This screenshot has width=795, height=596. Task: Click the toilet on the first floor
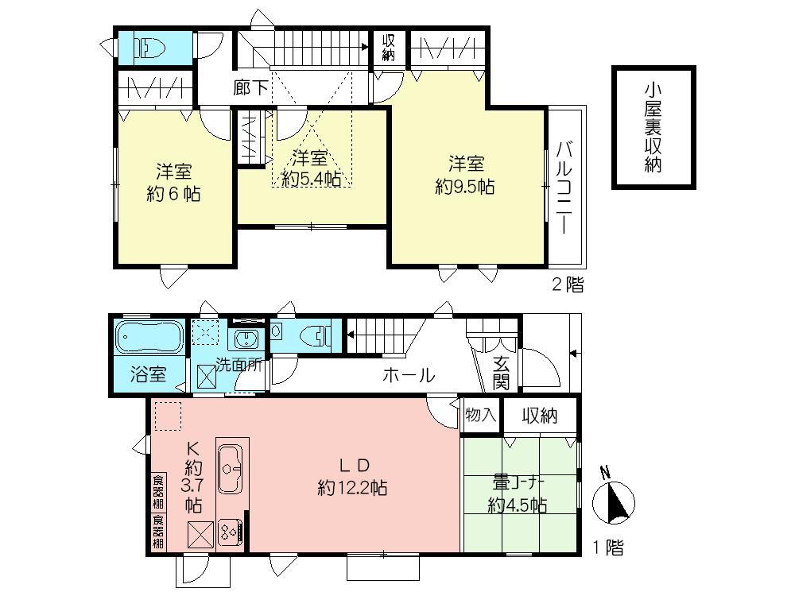pos(317,335)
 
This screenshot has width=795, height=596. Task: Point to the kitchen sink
pos(231,460)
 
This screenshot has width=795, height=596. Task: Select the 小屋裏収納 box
pos(653,128)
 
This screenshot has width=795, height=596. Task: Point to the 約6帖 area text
pos(173,183)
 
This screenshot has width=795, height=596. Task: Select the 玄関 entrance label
pos(501,373)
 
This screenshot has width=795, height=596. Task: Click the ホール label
pos(409,376)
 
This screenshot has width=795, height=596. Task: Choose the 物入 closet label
pos(481,415)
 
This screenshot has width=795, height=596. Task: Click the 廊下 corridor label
pos(250,87)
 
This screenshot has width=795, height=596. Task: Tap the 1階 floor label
pos(608,548)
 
